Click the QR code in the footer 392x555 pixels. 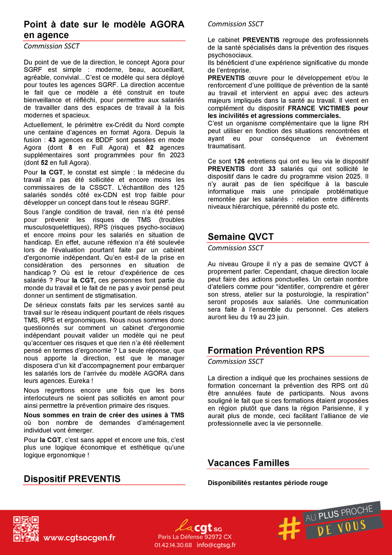(26, 529)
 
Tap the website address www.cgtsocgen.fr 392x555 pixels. (79, 538)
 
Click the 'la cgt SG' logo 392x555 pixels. (198, 527)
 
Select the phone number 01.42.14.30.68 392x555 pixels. (173, 545)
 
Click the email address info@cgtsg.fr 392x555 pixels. (216, 545)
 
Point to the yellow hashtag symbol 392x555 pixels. (289, 528)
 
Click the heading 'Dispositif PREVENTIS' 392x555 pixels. (72, 479)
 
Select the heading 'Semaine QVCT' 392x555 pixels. (240, 237)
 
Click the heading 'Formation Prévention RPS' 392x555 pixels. (266, 350)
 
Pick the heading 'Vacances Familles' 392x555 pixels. (248, 463)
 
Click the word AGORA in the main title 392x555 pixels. (167, 25)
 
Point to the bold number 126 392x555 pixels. (239, 161)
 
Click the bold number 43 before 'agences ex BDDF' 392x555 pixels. (52, 140)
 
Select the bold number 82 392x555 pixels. (150, 148)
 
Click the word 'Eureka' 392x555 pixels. (79, 381)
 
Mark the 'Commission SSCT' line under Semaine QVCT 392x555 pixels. (236, 248)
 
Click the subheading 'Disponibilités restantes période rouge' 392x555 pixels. (268, 483)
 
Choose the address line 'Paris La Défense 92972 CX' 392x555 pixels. (195, 537)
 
